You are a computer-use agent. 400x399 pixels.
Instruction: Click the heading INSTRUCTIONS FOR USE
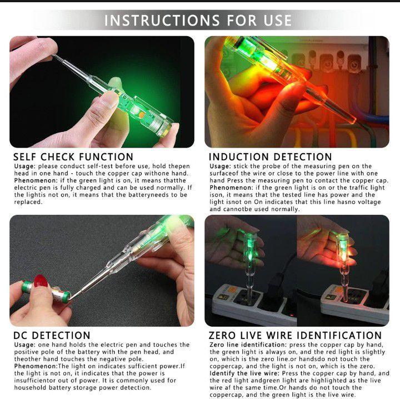198,21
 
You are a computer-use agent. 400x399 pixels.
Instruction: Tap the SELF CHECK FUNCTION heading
73,156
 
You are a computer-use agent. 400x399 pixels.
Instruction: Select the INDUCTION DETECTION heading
271,156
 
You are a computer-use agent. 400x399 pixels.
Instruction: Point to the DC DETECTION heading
52,335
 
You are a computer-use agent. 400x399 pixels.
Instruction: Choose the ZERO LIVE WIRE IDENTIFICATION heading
295,335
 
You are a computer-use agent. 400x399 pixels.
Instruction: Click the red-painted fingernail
41,281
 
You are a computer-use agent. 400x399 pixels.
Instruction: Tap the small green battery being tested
46,292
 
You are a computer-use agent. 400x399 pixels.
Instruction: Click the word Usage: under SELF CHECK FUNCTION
25,166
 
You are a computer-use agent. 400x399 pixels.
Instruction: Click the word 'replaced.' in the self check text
28,202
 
